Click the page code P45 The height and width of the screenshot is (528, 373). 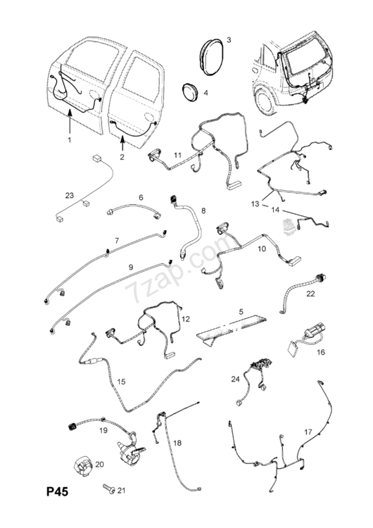click(x=57, y=491)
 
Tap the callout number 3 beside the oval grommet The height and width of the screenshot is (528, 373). click(x=229, y=40)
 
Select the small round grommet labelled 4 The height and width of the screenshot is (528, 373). click(x=190, y=92)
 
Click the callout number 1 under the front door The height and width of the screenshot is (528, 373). click(x=70, y=139)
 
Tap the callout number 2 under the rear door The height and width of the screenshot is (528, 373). click(x=122, y=156)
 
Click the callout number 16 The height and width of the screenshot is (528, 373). click(x=321, y=352)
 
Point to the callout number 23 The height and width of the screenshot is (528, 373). click(x=70, y=195)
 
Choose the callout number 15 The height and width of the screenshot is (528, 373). click(x=121, y=382)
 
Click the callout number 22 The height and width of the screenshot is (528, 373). click(x=310, y=294)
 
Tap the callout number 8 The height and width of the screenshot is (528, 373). click(x=203, y=210)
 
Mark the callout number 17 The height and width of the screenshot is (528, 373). click(x=308, y=432)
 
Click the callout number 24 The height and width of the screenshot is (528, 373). click(x=235, y=379)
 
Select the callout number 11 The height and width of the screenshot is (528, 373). click(x=177, y=155)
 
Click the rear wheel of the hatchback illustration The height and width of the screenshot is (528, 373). click(x=267, y=100)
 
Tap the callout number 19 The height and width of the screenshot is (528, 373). click(x=103, y=430)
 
